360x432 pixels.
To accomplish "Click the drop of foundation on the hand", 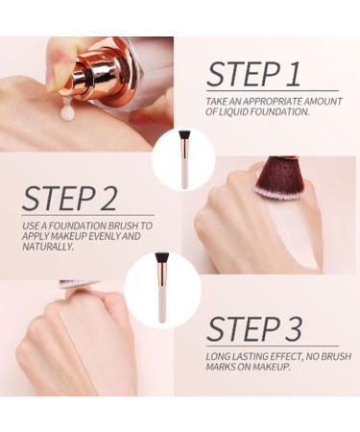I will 68,111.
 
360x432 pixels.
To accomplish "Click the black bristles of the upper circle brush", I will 184,135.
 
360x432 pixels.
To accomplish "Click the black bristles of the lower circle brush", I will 162,258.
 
